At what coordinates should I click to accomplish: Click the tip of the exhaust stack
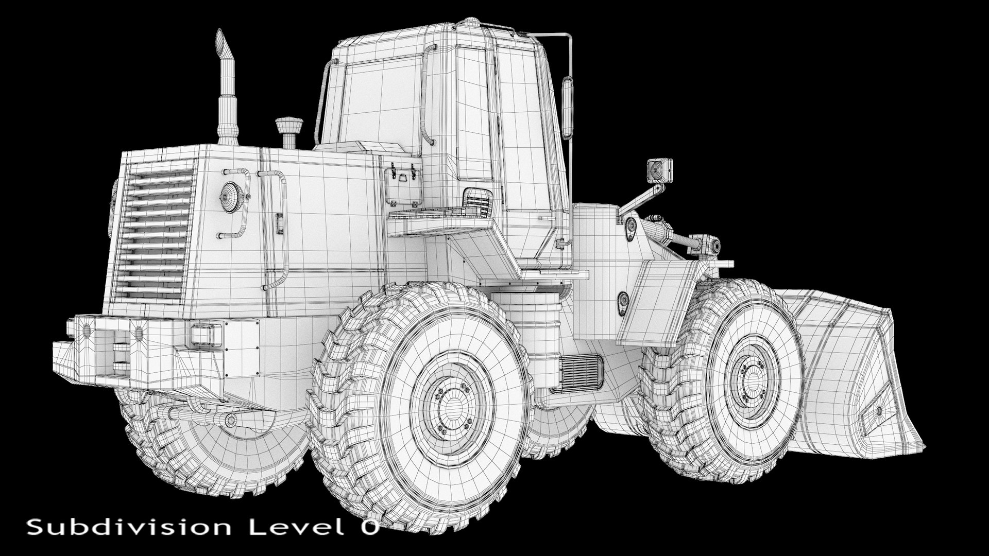220,31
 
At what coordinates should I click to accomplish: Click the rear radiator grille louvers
154,234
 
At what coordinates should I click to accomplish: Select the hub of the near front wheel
753,375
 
